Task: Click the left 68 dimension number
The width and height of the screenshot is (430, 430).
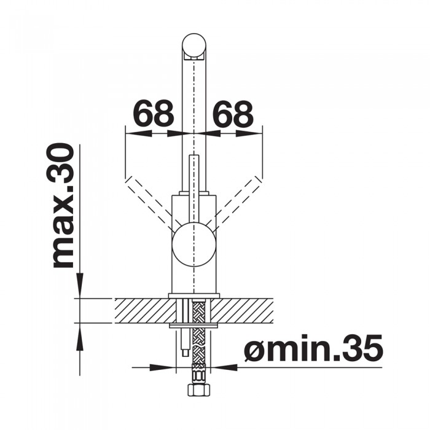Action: tap(154, 114)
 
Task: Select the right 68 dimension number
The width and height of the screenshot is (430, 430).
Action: tap(233, 114)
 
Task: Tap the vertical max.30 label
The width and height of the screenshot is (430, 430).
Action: tap(63, 206)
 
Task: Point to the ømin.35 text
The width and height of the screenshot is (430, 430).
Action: tap(313, 350)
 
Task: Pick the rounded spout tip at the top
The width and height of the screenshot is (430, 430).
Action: tap(194, 46)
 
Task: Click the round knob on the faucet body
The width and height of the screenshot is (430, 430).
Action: tap(194, 246)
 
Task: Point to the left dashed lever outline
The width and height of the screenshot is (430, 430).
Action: tap(147, 200)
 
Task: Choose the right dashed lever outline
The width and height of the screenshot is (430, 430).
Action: tap(241, 200)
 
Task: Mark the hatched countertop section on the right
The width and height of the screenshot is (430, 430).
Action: tap(246, 310)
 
